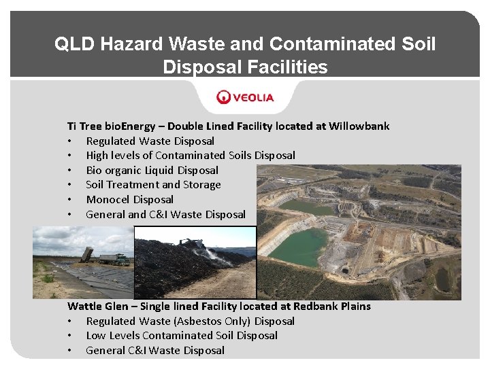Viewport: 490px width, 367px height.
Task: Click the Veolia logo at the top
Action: point(245,97)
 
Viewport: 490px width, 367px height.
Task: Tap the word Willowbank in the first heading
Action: point(359,126)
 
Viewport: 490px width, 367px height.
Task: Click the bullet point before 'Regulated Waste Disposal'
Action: point(69,141)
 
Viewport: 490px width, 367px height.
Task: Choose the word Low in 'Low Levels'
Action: point(96,336)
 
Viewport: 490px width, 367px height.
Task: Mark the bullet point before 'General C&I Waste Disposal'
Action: point(69,351)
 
